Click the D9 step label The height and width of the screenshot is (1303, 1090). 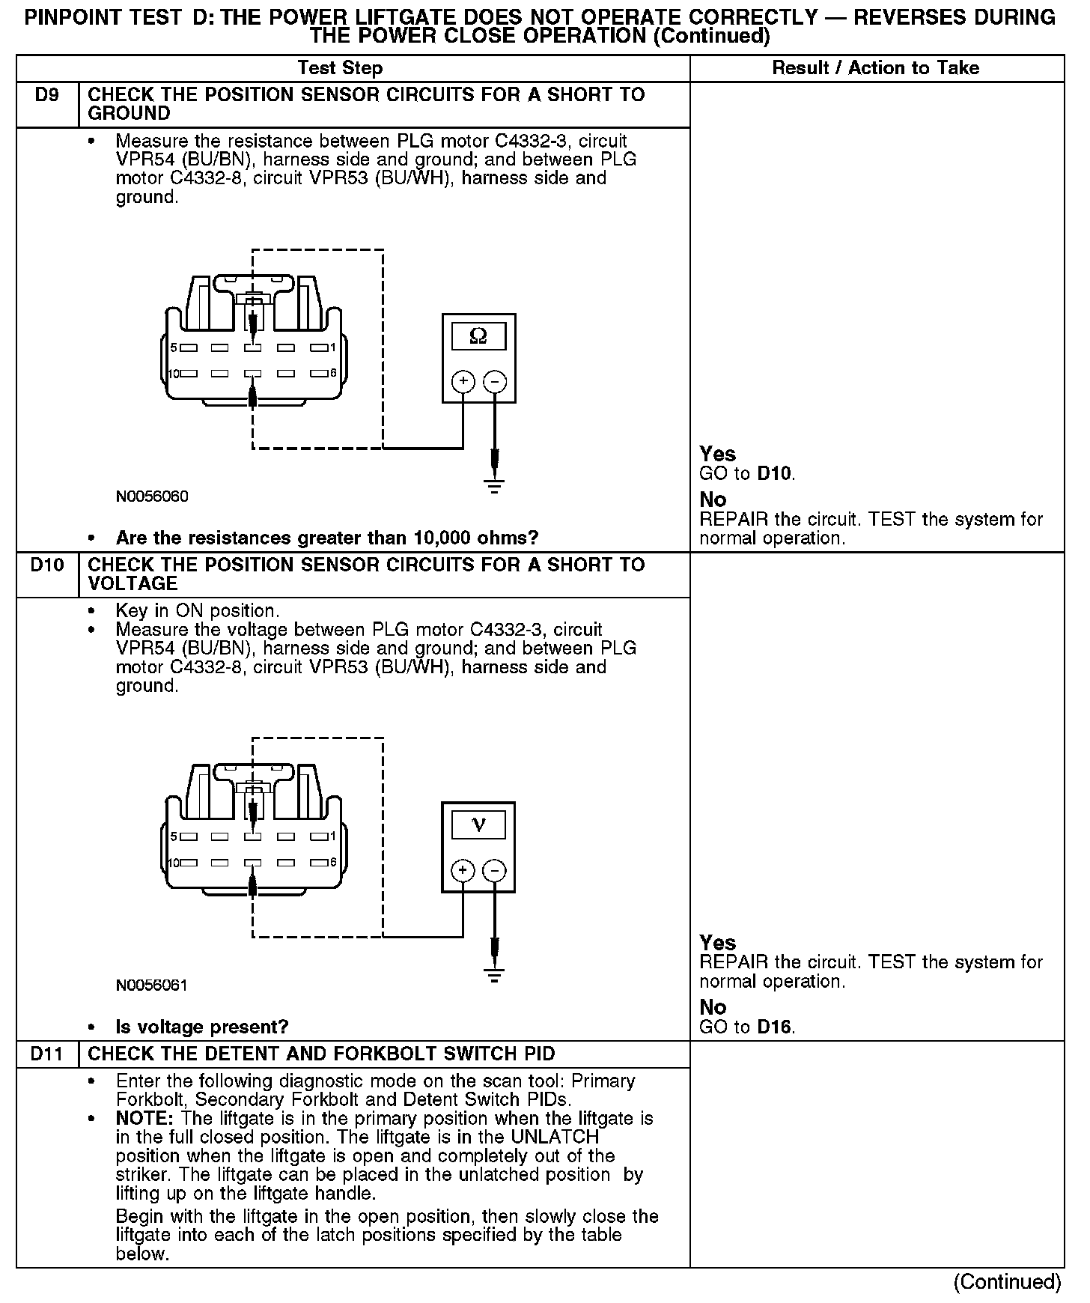tap(46, 95)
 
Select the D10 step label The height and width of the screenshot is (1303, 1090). tap(46, 565)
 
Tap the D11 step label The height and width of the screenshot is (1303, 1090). tap(46, 1054)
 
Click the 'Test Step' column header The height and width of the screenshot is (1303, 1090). tap(340, 68)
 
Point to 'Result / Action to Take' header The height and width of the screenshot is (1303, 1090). tap(875, 68)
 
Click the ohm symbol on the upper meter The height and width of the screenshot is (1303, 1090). tap(478, 336)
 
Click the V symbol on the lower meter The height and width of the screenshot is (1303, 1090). tap(478, 825)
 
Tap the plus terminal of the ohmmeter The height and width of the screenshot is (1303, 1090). tap(463, 382)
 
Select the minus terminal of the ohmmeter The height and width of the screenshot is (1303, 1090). tap(494, 382)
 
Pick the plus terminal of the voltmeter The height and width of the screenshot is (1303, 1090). tap(463, 870)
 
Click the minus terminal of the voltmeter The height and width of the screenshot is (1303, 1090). tap(494, 870)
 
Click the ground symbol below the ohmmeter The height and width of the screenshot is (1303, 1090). tap(494, 486)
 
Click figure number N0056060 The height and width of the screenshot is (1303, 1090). tap(152, 496)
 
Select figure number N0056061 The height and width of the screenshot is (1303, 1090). tap(152, 985)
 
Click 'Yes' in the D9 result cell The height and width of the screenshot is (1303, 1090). tap(717, 454)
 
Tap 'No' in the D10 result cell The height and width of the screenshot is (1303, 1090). tap(713, 1007)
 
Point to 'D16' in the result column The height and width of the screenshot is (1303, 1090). tap(774, 1027)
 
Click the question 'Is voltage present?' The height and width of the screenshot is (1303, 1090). tap(202, 1027)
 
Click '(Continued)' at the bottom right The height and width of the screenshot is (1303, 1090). tap(1007, 1282)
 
